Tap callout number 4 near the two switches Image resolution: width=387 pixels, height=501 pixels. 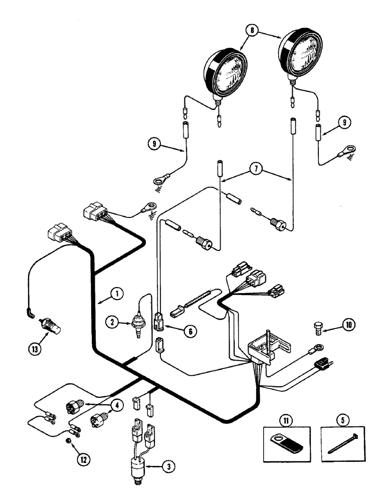(x=117, y=407)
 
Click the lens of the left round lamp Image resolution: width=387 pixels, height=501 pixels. (x=221, y=76)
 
